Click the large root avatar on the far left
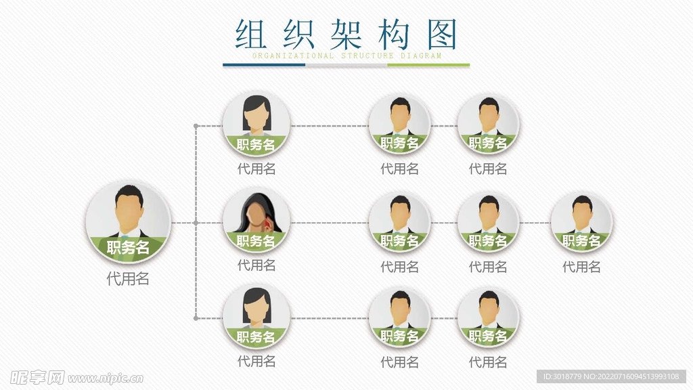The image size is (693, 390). tap(128, 222)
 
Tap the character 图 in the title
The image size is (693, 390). tap(443, 33)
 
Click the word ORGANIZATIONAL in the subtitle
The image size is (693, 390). tap(293, 56)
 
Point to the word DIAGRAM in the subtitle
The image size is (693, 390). tap(421, 56)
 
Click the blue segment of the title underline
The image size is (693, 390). tap(264, 65)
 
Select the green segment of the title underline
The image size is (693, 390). tap(428, 65)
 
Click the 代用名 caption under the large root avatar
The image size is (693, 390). tap(128, 278)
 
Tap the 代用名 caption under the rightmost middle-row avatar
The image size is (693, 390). tap(581, 267)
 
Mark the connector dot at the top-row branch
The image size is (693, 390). tap(196, 126)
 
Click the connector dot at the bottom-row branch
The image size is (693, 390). tap(196, 318)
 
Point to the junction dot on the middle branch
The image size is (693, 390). tap(196, 222)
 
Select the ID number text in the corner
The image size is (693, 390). tap(610, 376)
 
